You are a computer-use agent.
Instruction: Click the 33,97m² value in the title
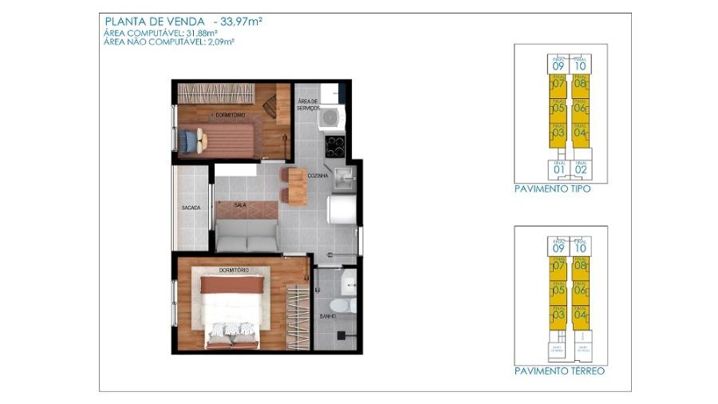point(243,20)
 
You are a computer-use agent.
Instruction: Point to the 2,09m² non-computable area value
point(219,42)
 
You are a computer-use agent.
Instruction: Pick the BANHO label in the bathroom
point(326,316)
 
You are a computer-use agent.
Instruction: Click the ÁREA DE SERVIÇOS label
point(308,105)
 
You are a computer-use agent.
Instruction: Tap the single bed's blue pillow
point(187,141)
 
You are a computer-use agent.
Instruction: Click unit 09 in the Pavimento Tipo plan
point(558,65)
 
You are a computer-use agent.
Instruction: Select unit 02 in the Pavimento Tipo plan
point(580,168)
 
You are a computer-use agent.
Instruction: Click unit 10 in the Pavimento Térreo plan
point(580,247)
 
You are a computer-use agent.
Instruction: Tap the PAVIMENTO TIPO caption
point(553,190)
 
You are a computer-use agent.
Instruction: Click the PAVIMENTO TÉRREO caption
point(559,371)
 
